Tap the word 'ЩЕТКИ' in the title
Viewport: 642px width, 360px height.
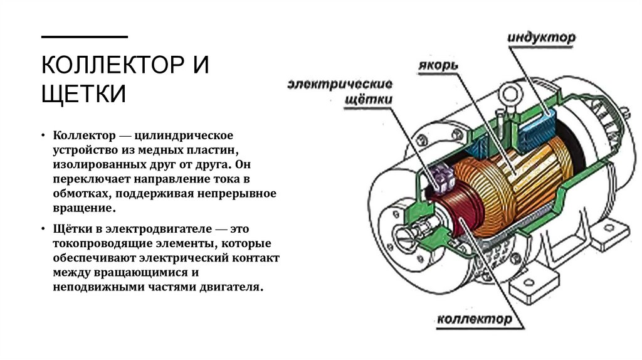pos(84,94)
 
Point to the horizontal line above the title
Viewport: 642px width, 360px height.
pos(84,36)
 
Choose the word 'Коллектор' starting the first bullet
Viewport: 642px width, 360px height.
pos(82,135)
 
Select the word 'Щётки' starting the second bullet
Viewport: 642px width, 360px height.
pos(71,229)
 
